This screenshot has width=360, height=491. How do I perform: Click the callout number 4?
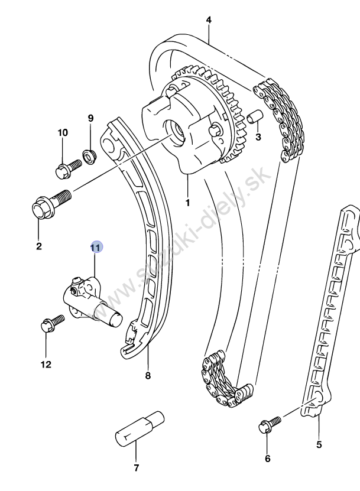click(x=209, y=20)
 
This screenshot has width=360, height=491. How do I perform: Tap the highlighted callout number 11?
click(x=96, y=247)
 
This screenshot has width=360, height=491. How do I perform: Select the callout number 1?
click(x=187, y=203)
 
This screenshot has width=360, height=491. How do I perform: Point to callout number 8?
click(x=148, y=375)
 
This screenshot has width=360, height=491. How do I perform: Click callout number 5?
click(x=319, y=444)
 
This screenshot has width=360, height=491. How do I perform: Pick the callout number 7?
click(x=267, y=458)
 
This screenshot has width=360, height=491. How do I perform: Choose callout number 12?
click(x=136, y=469)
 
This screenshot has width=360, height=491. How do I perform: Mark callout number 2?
click(x=39, y=246)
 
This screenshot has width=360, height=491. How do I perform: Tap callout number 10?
click(x=63, y=132)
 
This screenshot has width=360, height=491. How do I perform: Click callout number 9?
click(x=90, y=118)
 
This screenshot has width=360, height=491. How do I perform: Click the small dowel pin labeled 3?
click(x=255, y=116)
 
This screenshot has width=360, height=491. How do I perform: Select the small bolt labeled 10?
click(x=67, y=169)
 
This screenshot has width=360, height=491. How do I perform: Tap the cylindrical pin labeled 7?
click(x=139, y=430)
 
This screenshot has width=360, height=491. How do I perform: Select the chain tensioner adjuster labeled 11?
click(x=89, y=300)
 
